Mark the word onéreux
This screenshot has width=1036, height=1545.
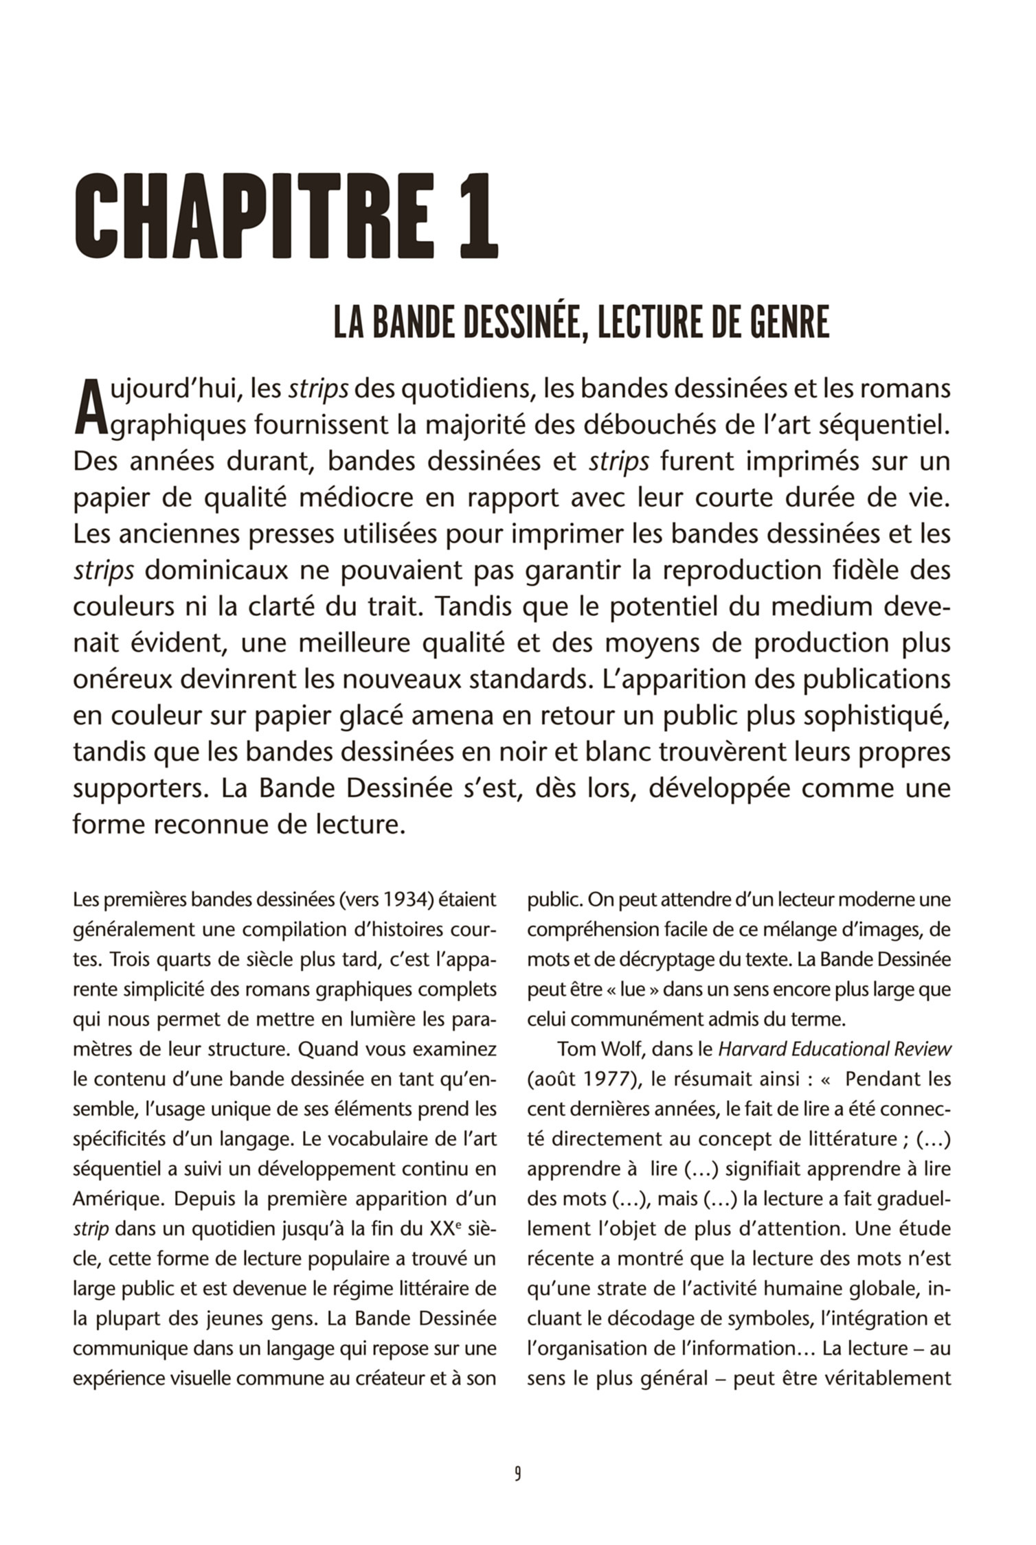click(122, 679)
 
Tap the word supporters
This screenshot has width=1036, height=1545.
click(140, 788)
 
